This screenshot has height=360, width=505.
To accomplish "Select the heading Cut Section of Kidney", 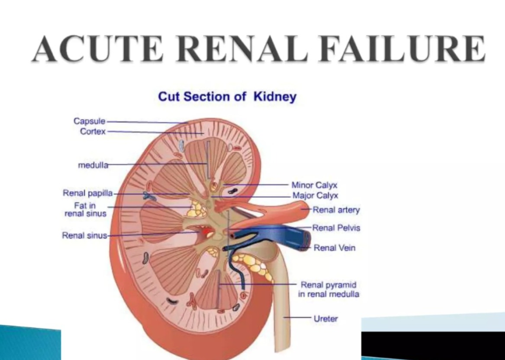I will coord(227,96).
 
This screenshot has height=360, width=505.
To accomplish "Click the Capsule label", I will coord(89,121).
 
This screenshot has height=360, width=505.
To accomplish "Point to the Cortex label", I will coord(93,131).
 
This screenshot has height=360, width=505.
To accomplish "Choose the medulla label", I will coord(93,165).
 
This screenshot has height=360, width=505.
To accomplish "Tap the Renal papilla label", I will coord(88,193).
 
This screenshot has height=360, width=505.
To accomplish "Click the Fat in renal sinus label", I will coord(85,210).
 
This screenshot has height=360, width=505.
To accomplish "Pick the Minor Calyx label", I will coord(315,185).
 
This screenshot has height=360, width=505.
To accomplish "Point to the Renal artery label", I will coord(336,210).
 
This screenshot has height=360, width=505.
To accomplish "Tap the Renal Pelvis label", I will coord(336,228).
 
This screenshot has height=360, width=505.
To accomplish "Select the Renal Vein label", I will coord(334,248).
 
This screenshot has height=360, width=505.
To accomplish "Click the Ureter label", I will coord(326,319).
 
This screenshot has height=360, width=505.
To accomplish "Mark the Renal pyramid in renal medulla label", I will coord(329,290).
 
